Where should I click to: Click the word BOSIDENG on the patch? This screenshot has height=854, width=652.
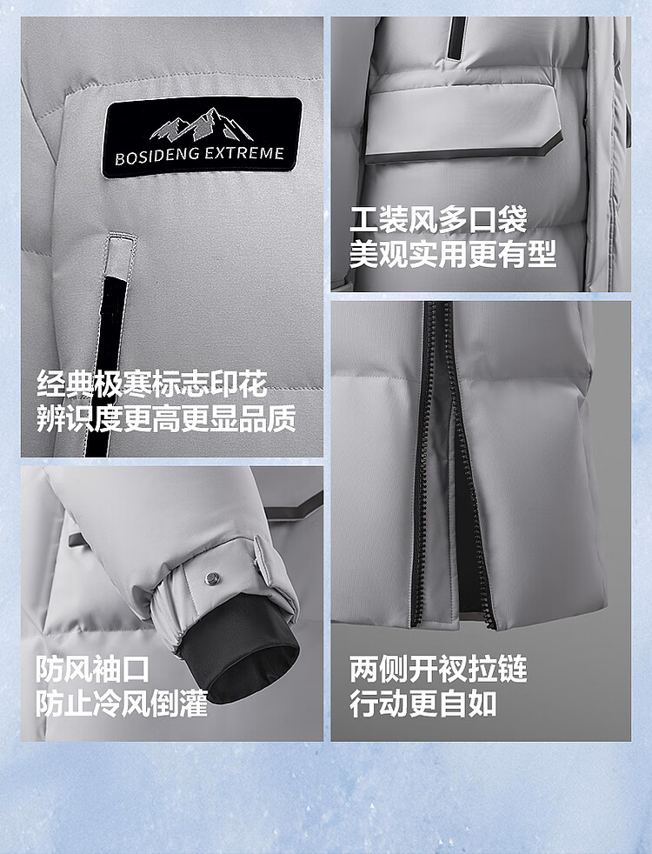point(156,157)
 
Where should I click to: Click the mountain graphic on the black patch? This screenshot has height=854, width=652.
point(202,124)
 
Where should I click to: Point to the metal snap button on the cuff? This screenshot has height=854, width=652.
point(212,577)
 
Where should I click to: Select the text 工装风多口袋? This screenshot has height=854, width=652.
point(439,220)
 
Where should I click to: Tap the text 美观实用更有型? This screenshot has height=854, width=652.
point(453,254)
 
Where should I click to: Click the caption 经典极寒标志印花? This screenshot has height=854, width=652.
point(152,384)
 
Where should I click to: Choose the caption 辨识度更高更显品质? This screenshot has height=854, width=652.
point(167,418)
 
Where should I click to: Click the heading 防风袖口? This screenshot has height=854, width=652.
point(93,669)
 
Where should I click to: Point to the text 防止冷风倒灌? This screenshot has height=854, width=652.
point(122,704)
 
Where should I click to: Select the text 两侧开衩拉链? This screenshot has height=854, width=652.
point(439,669)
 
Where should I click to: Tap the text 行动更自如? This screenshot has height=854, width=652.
point(423,704)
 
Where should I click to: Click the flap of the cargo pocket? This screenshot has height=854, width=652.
point(462,126)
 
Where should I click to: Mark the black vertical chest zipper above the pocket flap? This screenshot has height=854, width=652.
point(456,37)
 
